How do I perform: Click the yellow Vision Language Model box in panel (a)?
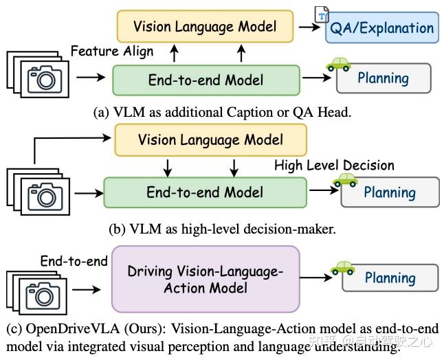(205, 27)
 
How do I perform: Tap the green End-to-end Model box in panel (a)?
(206, 80)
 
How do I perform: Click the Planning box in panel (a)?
(383, 78)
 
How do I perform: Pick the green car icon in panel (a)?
(338, 64)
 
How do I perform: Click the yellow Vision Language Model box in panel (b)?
(210, 140)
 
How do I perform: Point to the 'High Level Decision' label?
(334, 165)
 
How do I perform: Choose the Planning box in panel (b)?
(390, 192)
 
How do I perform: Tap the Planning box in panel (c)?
(390, 278)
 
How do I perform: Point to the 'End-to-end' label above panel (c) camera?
(74, 261)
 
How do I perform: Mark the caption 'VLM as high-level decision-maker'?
(222, 229)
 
